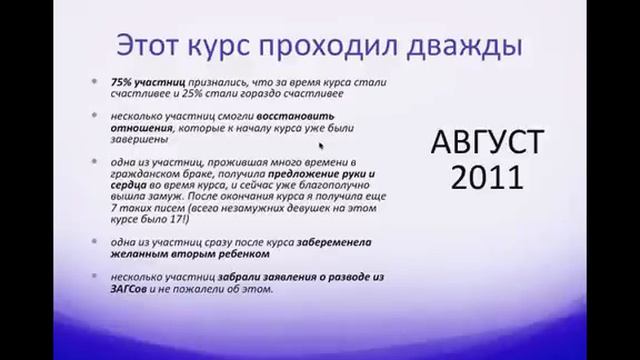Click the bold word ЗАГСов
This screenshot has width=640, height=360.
130,289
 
